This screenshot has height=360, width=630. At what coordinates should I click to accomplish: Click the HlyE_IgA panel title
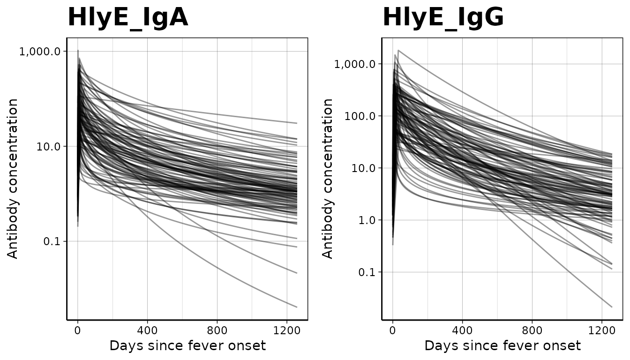(x=127, y=18)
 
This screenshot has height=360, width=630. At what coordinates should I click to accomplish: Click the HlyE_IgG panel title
(x=443, y=18)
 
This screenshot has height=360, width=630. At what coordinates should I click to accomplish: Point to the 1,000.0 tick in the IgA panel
(x=40, y=51)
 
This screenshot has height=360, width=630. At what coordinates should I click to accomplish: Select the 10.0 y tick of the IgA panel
(x=49, y=146)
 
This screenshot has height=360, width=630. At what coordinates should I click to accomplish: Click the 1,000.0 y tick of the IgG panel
(x=355, y=64)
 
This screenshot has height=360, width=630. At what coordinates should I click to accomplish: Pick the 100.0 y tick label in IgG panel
(x=360, y=116)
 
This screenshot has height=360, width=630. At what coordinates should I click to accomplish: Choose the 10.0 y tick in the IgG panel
(x=364, y=168)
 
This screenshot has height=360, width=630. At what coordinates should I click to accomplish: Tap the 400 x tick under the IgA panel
(x=147, y=330)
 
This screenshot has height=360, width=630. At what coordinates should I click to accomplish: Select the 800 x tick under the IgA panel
(x=217, y=330)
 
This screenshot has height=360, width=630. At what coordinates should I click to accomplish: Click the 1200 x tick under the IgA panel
(x=287, y=330)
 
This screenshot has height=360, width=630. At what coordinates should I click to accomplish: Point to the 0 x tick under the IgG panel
(x=393, y=330)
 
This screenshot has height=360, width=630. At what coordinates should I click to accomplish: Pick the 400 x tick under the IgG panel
(x=462, y=330)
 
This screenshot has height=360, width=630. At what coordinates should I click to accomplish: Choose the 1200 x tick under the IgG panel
(x=602, y=330)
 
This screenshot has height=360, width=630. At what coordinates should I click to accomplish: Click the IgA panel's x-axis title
(x=187, y=346)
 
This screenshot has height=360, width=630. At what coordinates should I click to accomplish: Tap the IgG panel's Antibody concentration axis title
(x=328, y=178)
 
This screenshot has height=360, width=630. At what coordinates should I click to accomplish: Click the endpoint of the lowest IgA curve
(x=297, y=307)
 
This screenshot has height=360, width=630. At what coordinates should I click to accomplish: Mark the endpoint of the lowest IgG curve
(x=612, y=307)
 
